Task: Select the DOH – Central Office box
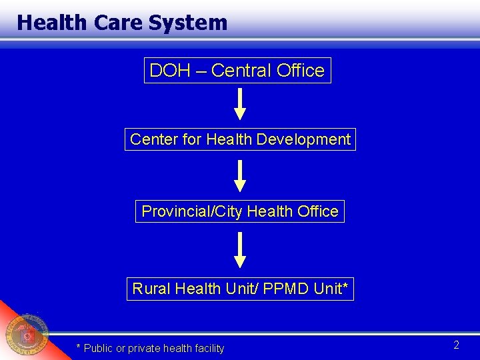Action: pyautogui.click(x=237, y=70)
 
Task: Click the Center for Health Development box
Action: pyautogui.click(x=240, y=139)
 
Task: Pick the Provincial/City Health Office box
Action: pyautogui.click(x=240, y=211)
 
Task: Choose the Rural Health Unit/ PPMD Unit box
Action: pyautogui.click(x=240, y=289)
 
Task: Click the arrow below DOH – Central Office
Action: pyautogui.click(x=240, y=104)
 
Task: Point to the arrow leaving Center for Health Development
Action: pyautogui.click(x=240, y=176)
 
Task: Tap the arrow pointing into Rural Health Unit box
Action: pyautogui.click(x=240, y=251)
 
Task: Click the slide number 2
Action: pyautogui.click(x=457, y=345)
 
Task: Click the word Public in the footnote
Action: pyautogui.click(x=97, y=348)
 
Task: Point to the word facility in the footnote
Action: pyautogui.click(x=208, y=348)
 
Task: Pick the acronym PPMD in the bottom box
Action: pyautogui.click(x=282, y=289)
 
